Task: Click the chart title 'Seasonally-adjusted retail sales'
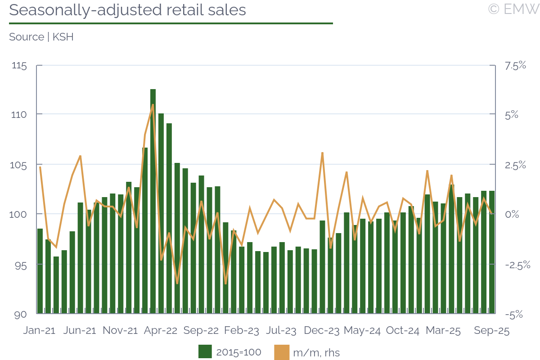pos(127,10)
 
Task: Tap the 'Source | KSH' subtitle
pos(41,37)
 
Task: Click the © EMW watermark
pos(513,9)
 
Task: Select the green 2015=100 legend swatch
pos(205,352)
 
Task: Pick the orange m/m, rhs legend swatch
pos(281,352)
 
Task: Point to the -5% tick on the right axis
pos(514,315)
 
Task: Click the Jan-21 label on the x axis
pos(39,331)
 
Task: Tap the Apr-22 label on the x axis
pos(161,331)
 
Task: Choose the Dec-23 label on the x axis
pos(322,331)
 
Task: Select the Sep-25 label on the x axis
pos(492,331)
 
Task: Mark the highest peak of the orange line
pos(153,105)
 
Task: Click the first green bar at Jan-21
pos(40,270)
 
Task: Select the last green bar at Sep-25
pos(492,252)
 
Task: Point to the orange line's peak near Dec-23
pos(322,153)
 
